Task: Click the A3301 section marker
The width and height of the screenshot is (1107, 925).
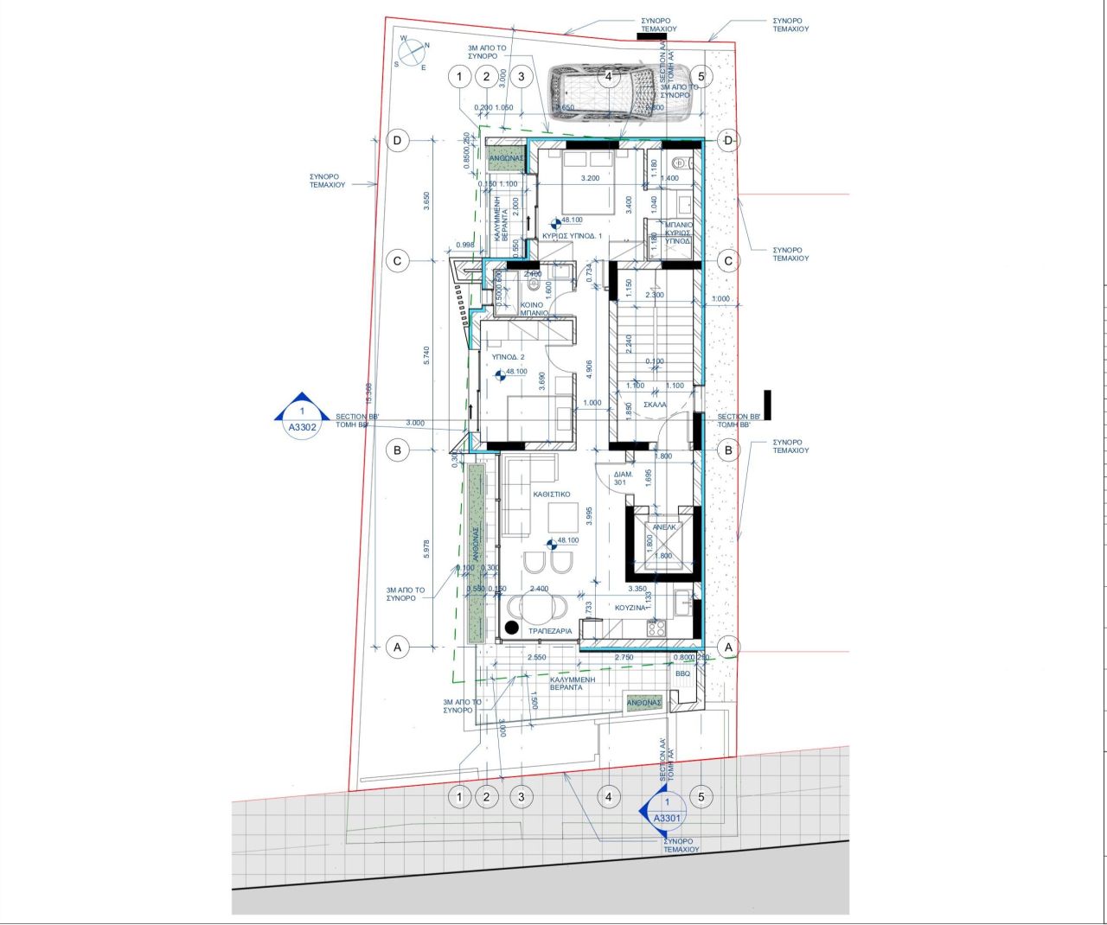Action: pyautogui.click(x=666, y=812)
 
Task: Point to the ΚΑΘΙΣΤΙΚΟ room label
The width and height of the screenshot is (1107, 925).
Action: pyautogui.click(x=552, y=494)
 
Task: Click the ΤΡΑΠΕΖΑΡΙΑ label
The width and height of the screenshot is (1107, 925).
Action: pyautogui.click(x=550, y=631)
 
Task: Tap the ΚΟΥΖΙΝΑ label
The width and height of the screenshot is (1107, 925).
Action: pyautogui.click(x=630, y=608)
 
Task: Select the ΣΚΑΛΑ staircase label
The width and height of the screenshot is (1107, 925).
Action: pyautogui.click(x=655, y=404)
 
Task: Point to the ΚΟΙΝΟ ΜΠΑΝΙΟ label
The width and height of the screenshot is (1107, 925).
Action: pyautogui.click(x=532, y=309)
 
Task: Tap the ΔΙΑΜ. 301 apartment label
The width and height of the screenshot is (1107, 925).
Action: pyautogui.click(x=623, y=478)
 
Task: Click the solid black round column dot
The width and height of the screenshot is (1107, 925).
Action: pyautogui.click(x=512, y=627)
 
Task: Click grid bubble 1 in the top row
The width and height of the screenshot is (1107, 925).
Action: pyautogui.click(x=459, y=77)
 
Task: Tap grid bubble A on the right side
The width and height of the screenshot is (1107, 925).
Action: pyautogui.click(x=728, y=647)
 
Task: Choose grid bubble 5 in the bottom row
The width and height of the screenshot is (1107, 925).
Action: pyautogui.click(x=701, y=796)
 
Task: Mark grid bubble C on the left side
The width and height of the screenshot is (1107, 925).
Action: pyautogui.click(x=397, y=261)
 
